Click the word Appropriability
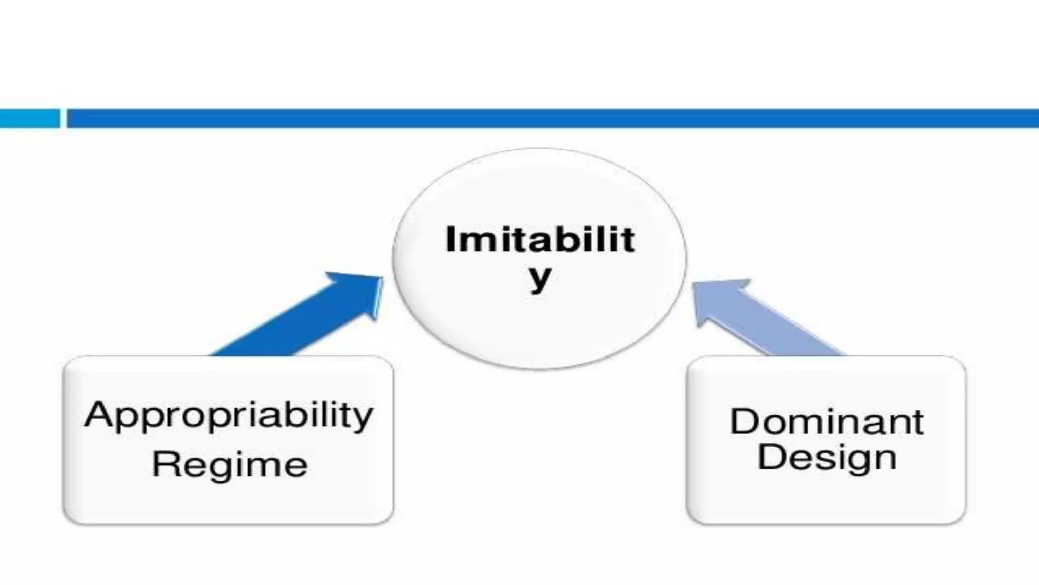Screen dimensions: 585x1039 (229, 415)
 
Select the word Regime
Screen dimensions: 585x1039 (230, 465)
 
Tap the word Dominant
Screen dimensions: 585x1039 (826, 421)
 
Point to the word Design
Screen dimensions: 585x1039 (826, 458)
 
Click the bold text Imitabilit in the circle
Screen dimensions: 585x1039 (540, 240)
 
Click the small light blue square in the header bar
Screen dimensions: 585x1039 (29, 118)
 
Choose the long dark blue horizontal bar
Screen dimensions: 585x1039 (553, 118)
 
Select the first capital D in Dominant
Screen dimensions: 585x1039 (744, 421)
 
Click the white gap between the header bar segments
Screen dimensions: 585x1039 (63, 118)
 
